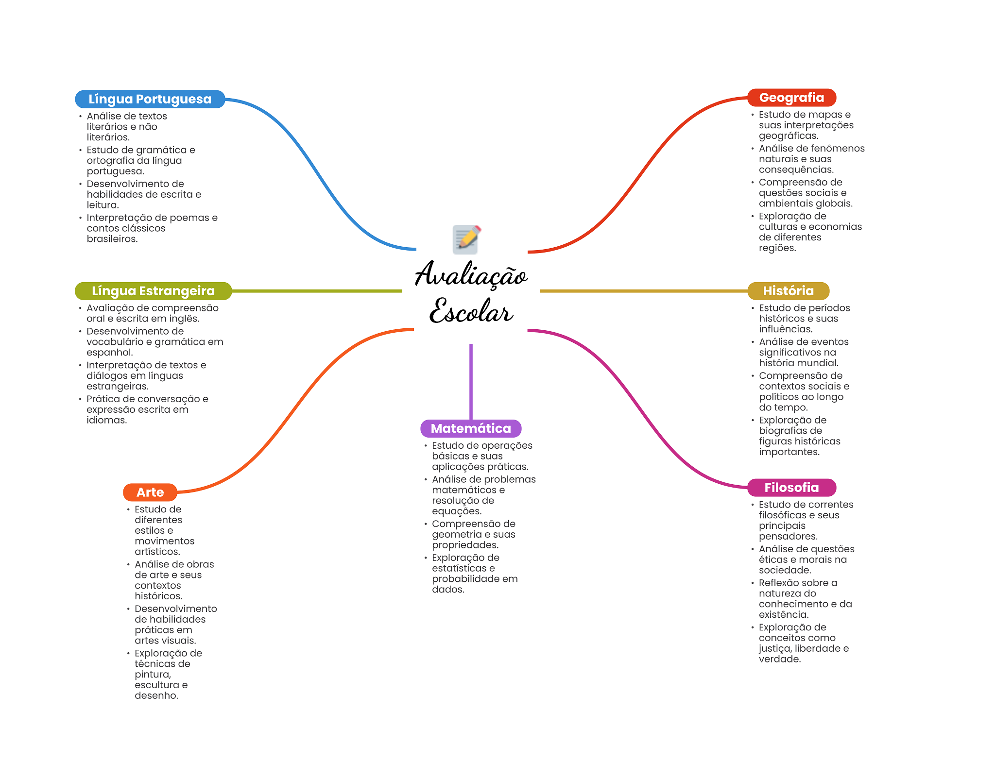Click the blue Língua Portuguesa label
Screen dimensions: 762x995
tap(150, 99)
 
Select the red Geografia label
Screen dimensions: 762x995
tap(791, 98)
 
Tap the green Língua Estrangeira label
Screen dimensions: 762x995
tap(153, 291)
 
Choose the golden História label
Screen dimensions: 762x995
tap(788, 291)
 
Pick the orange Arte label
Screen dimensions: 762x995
tap(150, 492)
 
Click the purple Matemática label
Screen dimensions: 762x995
tap(471, 428)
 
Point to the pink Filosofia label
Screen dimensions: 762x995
tap(791, 488)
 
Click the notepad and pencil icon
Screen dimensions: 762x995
tap(466, 239)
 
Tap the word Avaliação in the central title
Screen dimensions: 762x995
tap(471, 275)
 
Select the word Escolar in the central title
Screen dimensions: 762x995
tap(471, 311)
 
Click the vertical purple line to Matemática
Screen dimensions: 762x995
tap(471, 381)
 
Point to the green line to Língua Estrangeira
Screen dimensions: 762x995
tap(316, 291)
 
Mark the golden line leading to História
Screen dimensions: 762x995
tap(641, 291)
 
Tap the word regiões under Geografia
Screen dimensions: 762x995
tap(777, 248)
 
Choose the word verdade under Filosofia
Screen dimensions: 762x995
tap(779, 659)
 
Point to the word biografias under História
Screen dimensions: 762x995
tap(784, 431)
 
